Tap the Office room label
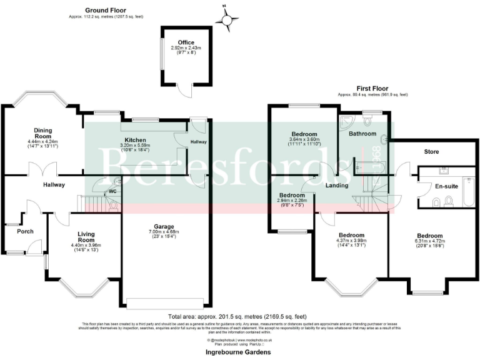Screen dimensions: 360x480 click(177, 42)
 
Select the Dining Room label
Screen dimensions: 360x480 click(42, 133)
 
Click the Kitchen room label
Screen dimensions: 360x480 click(135, 139)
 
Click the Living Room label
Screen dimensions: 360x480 click(86, 237)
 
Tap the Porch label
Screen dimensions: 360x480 click(25, 231)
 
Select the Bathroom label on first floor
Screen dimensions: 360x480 click(362, 134)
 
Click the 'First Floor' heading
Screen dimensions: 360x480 click(372, 89)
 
